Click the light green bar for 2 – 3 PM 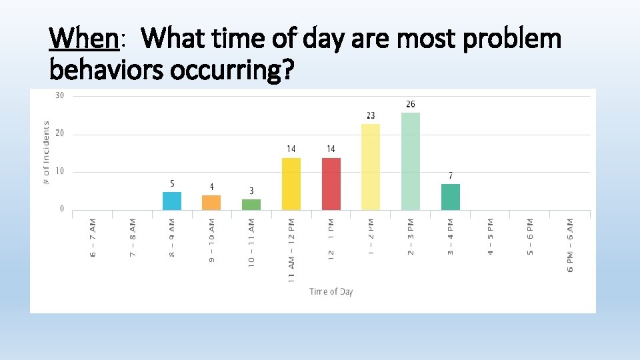coord(411,161)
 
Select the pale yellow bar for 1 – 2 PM coord(371,167)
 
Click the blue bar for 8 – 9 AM coord(172,201)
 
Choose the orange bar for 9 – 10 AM coord(211,203)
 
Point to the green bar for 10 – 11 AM coord(251,204)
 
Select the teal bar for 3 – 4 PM coord(451,197)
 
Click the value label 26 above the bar coord(411,105)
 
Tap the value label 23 coord(371,116)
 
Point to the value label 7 coord(451,176)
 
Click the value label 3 coord(251,191)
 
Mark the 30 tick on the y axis coord(60,96)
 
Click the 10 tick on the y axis coord(60,172)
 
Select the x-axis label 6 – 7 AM coord(93,237)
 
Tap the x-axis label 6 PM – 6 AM coord(571,244)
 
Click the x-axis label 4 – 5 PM coord(491,237)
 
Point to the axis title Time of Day coord(331,291)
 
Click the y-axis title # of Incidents coord(46,153)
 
